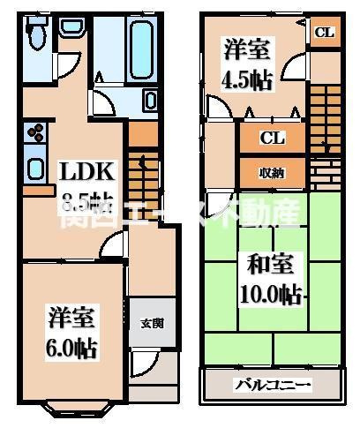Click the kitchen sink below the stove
pos(34,167)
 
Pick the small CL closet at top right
pos(324,33)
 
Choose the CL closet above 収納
pos(273,138)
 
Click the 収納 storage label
pos(272,172)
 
